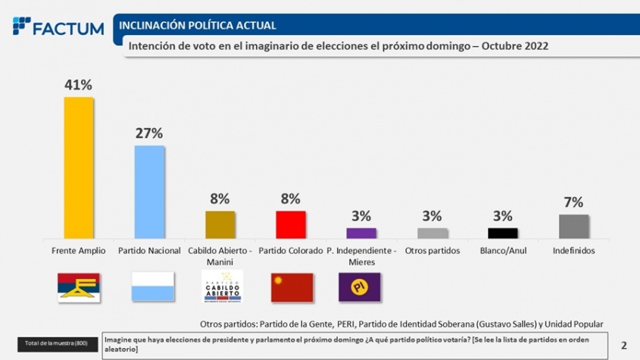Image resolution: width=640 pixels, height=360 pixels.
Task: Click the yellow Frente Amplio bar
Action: pos(78,167)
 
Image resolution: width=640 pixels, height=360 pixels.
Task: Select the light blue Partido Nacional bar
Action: pos(149,192)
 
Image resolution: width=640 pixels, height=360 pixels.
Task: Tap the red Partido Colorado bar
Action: pos(290,224)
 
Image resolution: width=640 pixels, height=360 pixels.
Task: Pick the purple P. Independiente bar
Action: pos(361,233)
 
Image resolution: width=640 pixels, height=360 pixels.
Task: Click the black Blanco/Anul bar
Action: pos(503,233)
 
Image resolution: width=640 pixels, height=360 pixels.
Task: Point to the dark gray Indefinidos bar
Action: pos(573,227)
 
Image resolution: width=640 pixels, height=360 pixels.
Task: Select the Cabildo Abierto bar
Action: pos(220,224)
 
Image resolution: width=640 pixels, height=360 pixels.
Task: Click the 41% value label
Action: pos(78,85)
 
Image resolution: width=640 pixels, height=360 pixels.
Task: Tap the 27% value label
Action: pos(149,133)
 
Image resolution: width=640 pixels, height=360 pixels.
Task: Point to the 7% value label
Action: pos(573,202)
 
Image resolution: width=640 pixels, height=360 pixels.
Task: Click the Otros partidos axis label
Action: pos(432,250)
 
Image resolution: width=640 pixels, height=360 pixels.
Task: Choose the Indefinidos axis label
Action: pos(573,250)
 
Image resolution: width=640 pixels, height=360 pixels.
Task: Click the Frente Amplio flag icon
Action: pos(79,287)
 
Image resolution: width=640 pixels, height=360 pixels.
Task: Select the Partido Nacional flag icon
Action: pos(149,287)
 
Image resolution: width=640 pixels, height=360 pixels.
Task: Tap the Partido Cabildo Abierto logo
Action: pos(220,287)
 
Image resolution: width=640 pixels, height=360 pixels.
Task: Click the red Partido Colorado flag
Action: pos(292,287)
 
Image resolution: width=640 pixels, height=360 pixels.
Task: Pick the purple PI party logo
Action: pos(359,287)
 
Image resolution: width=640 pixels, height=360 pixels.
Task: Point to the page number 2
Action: pos(623,345)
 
